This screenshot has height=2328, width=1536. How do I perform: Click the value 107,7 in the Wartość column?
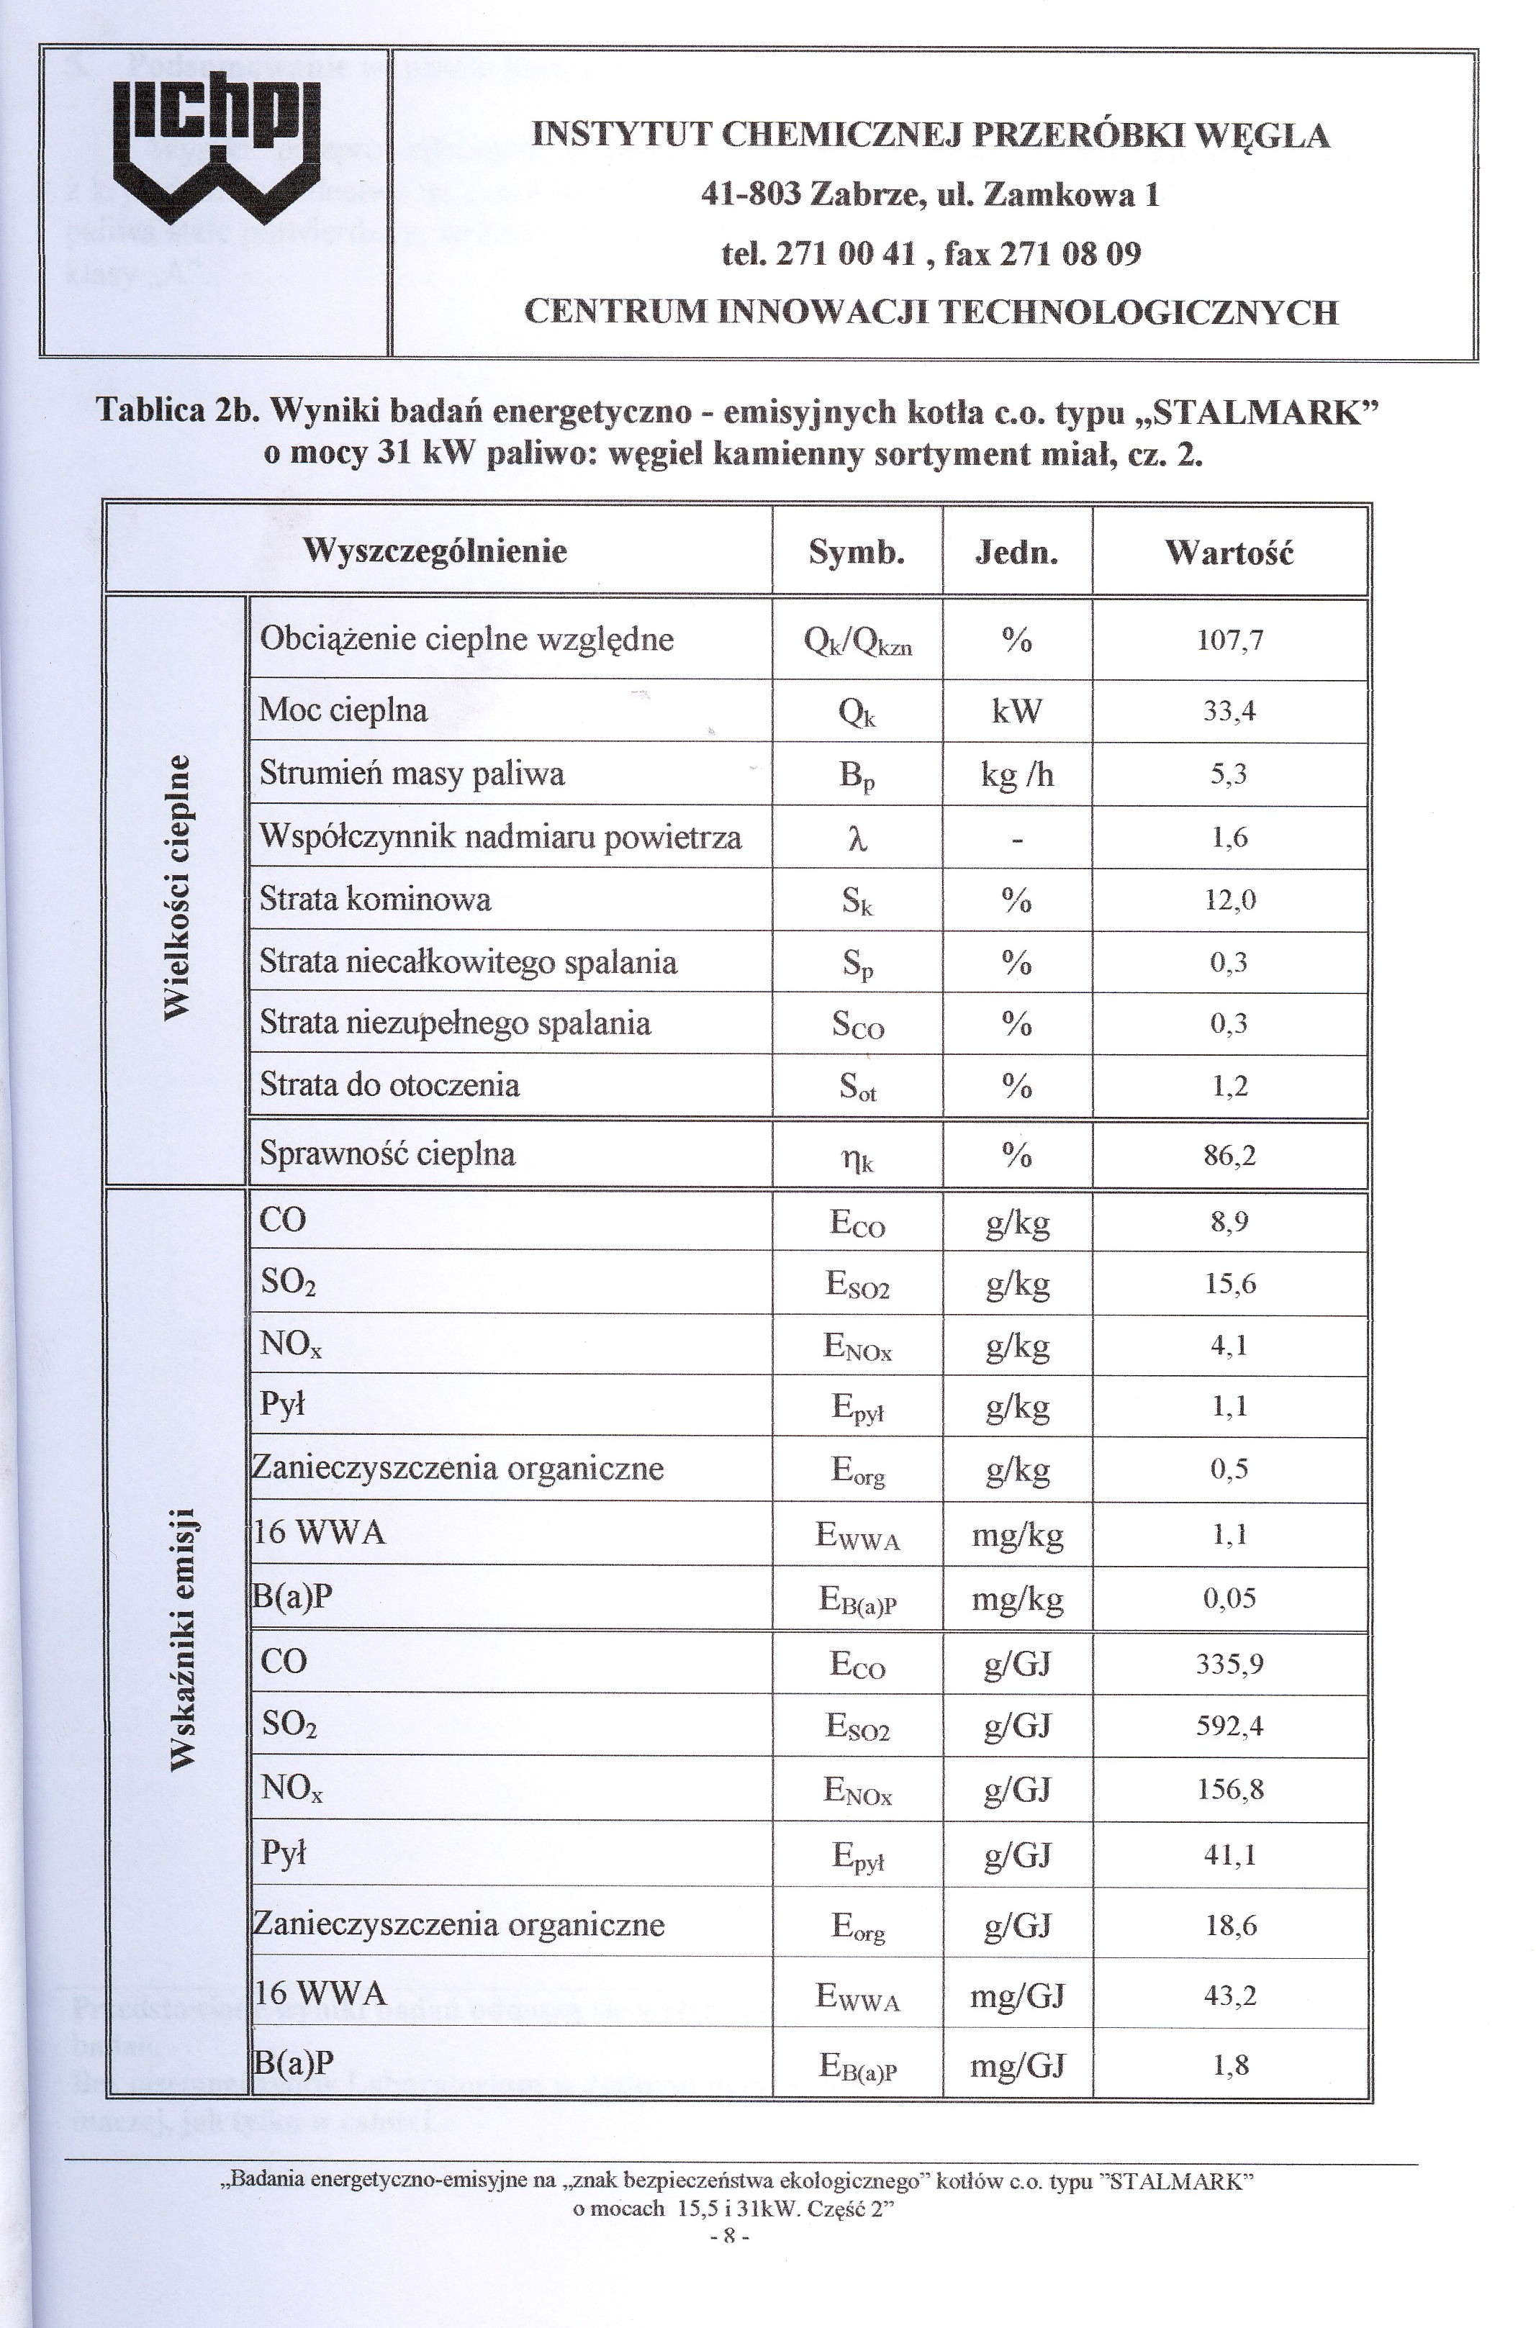1229,640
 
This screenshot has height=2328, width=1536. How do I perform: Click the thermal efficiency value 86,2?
1229,1156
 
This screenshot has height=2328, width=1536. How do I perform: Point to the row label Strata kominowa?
375,899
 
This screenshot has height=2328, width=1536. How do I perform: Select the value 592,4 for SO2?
1229,1726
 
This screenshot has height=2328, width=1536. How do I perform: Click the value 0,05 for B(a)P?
1229,1599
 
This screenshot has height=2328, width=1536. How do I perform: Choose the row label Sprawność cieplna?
387,1154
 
